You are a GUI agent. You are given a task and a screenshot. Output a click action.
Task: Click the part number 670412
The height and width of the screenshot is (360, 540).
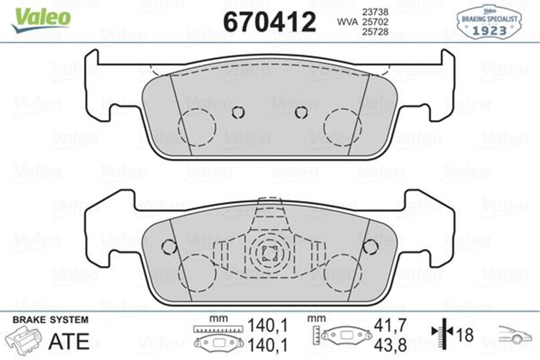pyautogui.click(x=270, y=21)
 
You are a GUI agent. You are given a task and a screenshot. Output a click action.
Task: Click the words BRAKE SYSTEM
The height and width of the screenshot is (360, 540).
pyautogui.click(x=50, y=320)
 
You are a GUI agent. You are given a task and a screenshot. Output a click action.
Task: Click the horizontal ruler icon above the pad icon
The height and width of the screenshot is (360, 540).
pyautogui.click(x=217, y=329)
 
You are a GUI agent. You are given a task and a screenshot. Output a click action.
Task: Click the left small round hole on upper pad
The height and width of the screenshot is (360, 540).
pyautogui.click(x=238, y=112)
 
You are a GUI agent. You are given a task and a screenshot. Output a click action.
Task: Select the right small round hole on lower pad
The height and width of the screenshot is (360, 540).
pyautogui.click(x=370, y=246)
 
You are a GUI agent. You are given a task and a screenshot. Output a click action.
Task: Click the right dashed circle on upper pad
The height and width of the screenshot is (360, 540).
pyautogui.click(x=342, y=127)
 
